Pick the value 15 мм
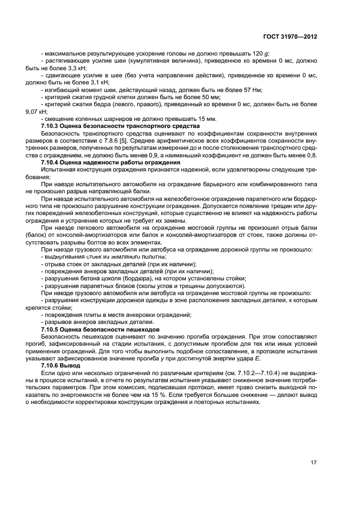coord(206,119)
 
